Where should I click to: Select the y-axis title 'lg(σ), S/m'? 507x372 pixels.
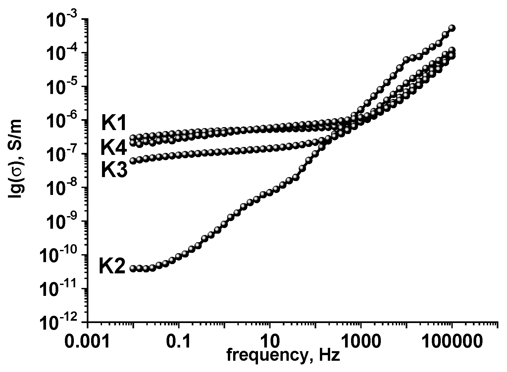pyautogui.click(x=16, y=159)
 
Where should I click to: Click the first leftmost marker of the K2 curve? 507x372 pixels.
pyautogui.click(x=133, y=268)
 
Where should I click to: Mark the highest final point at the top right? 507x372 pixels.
pyautogui.click(x=452, y=28)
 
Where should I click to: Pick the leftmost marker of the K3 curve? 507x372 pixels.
pyautogui.click(x=133, y=161)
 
